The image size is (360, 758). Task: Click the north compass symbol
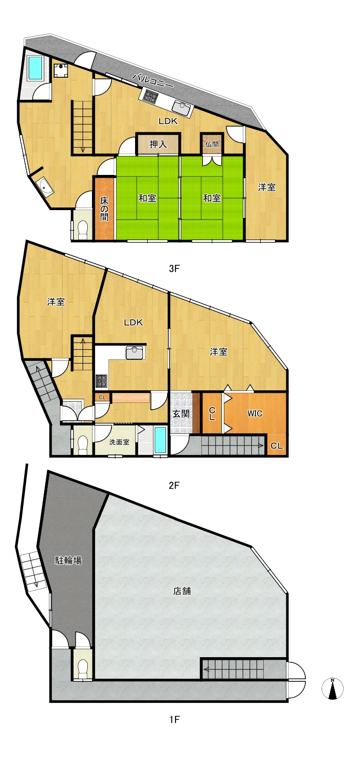[x=333, y=688]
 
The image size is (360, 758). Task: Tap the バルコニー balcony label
[x=153, y=81]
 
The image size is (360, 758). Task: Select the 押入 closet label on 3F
[x=158, y=144]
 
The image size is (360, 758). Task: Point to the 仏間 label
[x=212, y=144]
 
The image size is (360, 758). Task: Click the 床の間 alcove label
[x=105, y=209]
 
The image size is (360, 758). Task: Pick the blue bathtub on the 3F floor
[x=35, y=68]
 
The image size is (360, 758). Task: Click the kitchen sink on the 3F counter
[x=182, y=108]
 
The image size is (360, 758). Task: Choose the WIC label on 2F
[x=255, y=413]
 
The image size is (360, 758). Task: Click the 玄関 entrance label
[x=181, y=413]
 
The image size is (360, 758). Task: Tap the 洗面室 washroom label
[x=119, y=442]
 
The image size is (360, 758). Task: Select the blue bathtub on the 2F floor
[x=160, y=440]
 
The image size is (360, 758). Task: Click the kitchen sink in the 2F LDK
[x=135, y=352]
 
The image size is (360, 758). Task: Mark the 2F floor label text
[x=174, y=485]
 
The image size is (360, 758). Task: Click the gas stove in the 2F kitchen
[x=101, y=381]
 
